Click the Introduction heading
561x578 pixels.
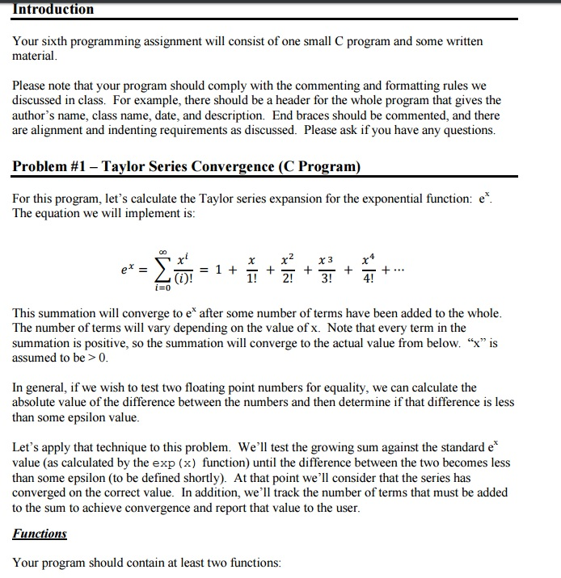[x=53, y=10]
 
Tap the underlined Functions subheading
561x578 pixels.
[x=40, y=534]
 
